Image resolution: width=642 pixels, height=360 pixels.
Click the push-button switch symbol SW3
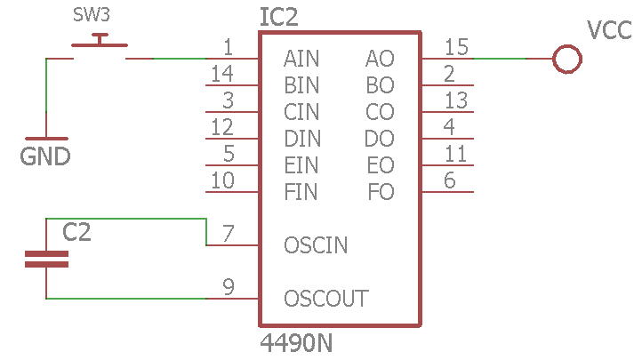pyautogui.click(x=100, y=46)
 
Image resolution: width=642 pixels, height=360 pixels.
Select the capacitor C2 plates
pyautogui.click(x=46, y=259)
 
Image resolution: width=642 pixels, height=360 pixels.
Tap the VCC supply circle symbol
pyautogui.click(x=566, y=60)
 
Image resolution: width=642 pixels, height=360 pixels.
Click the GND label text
pyautogui.click(x=45, y=157)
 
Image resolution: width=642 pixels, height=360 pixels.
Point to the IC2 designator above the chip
pyautogui.click(x=278, y=17)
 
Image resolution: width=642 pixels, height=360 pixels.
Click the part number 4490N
pyautogui.click(x=296, y=342)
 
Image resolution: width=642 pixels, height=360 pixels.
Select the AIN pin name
pyautogui.click(x=301, y=60)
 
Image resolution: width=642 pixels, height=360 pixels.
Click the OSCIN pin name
pyautogui.click(x=316, y=244)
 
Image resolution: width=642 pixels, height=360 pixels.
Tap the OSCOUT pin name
pyautogui.click(x=325, y=298)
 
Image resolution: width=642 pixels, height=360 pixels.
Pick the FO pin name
pyautogui.click(x=381, y=191)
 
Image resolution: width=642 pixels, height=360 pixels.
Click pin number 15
pyautogui.click(x=456, y=46)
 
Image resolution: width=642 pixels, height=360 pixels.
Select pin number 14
pyautogui.click(x=222, y=73)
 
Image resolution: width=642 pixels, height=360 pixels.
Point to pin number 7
pyautogui.click(x=229, y=233)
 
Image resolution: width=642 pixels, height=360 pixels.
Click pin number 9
pyautogui.click(x=229, y=286)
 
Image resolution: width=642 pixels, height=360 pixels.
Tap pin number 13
pyautogui.click(x=456, y=100)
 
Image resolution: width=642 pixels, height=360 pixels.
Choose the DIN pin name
pyautogui.click(x=302, y=139)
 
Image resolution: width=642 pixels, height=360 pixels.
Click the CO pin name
pyautogui.click(x=380, y=112)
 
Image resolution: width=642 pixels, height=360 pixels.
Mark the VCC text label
pyautogui.click(x=610, y=31)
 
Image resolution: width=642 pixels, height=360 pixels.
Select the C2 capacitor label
pyautogui.click(x=76, y=233)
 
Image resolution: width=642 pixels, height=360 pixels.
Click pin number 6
pyautogui.click(x=450, y=180)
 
